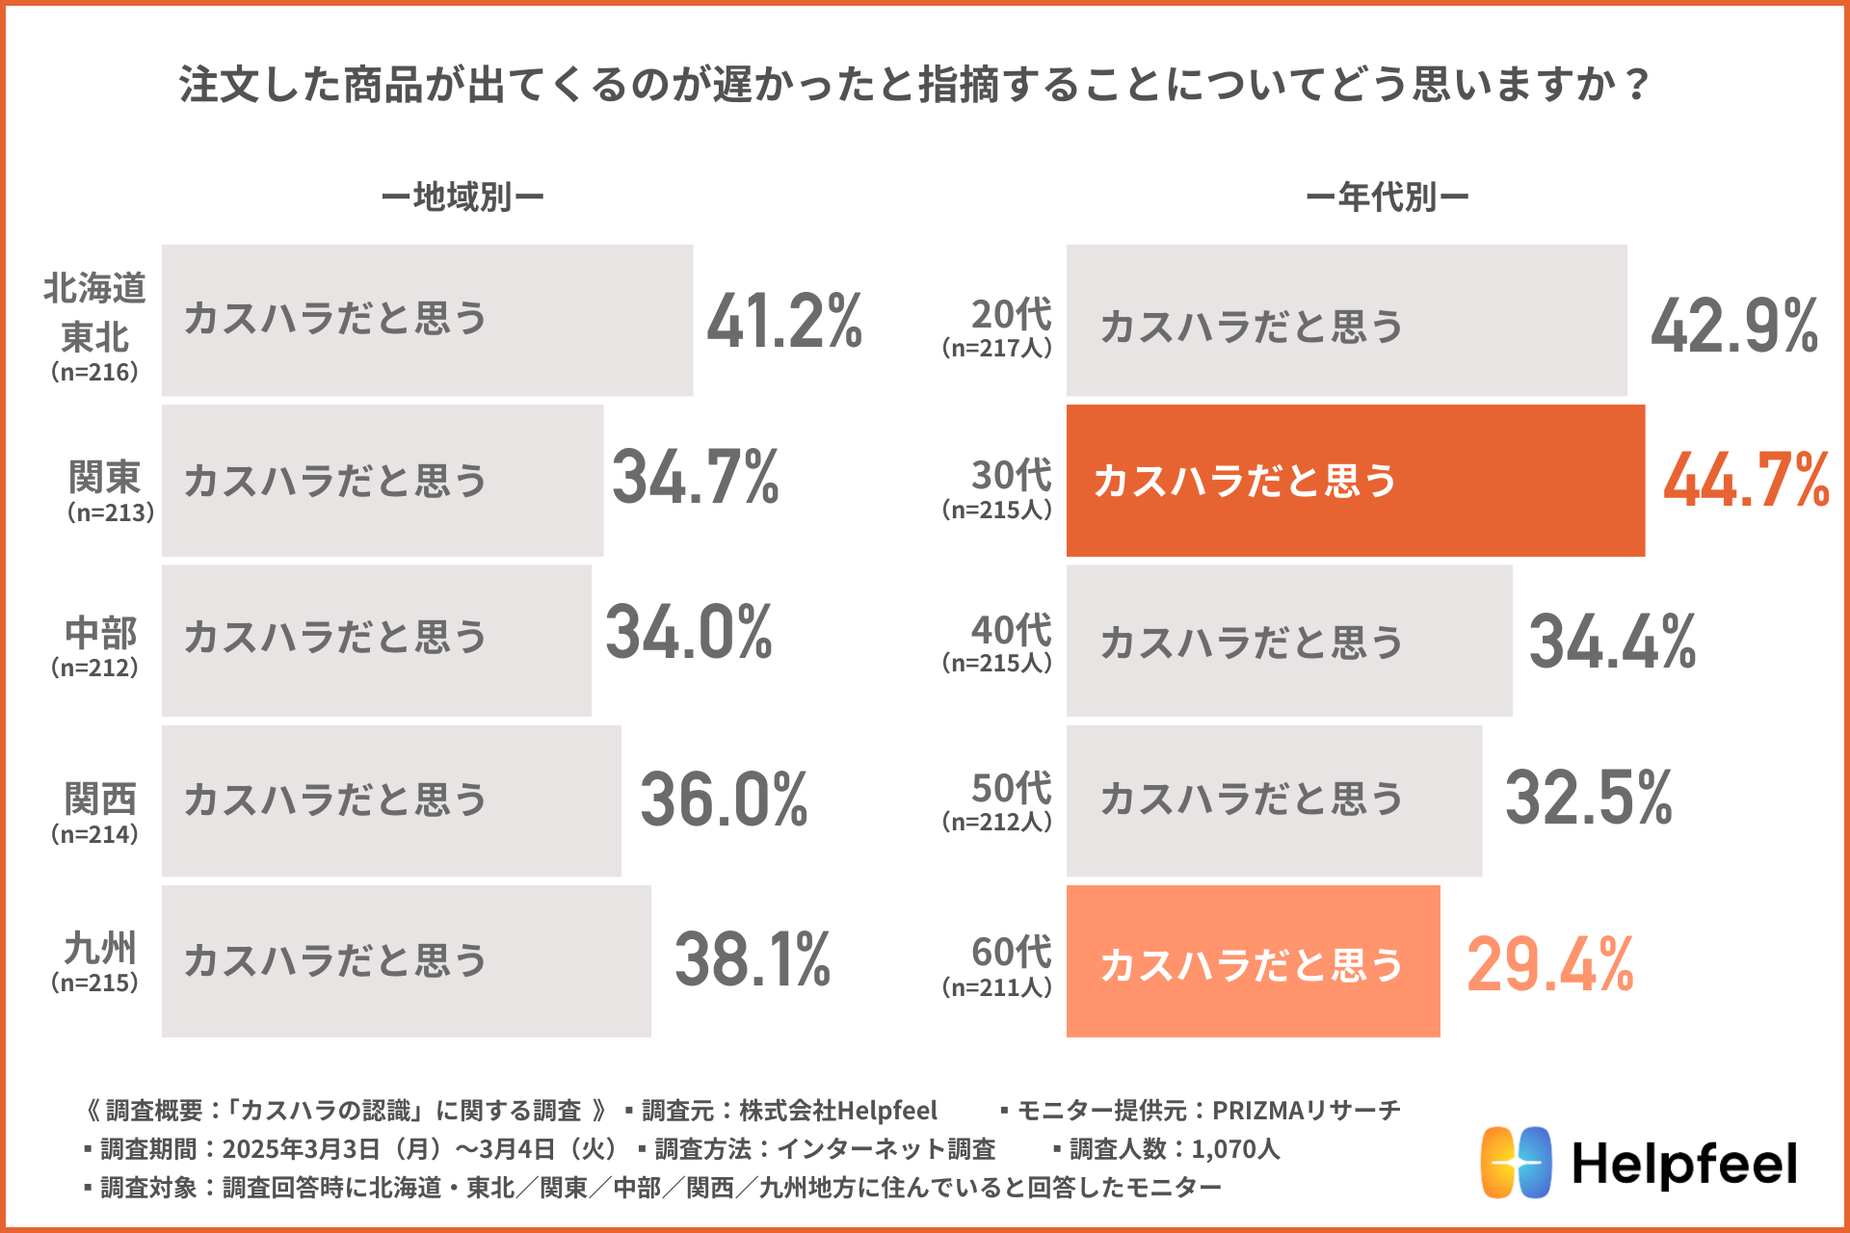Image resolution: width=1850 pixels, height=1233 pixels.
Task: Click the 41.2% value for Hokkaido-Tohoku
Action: click(x=784, y=321)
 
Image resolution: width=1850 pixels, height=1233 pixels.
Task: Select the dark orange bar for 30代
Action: click(x=1355, y=481)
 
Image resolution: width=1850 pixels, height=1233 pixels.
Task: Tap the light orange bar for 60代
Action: click(x=1253, y=961)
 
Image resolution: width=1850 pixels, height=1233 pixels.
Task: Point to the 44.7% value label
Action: click(x=1746, y=480)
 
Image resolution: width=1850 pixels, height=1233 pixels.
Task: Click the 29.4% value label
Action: click(x=1549, y=963)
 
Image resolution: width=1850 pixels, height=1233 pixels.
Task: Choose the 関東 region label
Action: click(x=104, y=477)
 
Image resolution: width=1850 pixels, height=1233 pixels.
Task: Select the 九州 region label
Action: click(x=100, y=949)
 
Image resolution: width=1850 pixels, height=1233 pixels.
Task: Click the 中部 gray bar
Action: click(x=376, y=641)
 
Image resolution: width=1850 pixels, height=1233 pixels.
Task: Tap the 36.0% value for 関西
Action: click(x=724, y=800)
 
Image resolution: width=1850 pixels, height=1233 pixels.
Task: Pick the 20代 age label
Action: click(x=1011, y=315)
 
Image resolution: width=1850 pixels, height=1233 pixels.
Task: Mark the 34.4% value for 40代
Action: click(x=1612, y=642)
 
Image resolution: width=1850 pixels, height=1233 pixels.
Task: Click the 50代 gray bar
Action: click(x=1274, y=800)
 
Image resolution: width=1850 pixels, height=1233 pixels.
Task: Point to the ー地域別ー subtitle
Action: click(x=462, y=197)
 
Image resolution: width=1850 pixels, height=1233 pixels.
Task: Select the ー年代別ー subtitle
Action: click(x=1387, y=197)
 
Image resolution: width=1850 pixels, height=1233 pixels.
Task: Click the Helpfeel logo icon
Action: click(x=1516, y=1162)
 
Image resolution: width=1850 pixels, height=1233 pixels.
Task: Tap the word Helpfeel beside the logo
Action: click(x=1684, y=1164)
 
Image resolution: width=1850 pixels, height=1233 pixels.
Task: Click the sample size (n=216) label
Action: click(x=94, y=372)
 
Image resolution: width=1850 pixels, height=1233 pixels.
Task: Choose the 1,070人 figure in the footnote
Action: click(x=1235, y=1148)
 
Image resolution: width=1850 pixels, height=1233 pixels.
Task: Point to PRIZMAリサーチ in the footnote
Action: click(x=1306, y=1111)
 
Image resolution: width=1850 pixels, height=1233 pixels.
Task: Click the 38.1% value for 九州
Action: click(x=753, y=960)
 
